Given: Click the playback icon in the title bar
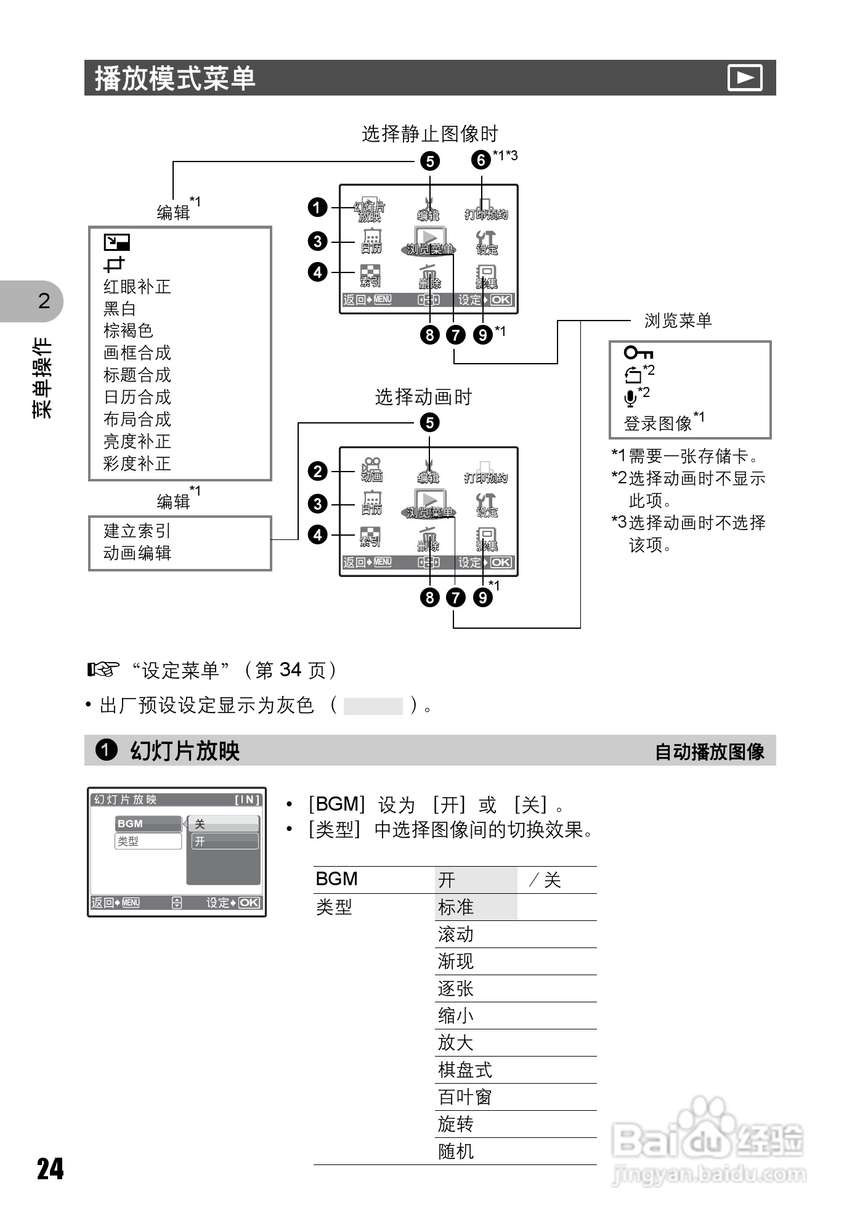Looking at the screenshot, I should (745, 78).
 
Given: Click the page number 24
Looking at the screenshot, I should (51, 1169).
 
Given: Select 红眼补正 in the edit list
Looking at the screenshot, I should (137, 287).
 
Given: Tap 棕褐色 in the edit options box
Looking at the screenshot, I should (128, 331).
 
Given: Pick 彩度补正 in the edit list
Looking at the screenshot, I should (137, 464).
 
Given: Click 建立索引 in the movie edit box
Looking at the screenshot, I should (137, 531).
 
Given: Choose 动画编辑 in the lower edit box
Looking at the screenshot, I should (137, 553).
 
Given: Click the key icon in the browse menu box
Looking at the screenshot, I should (638, 353).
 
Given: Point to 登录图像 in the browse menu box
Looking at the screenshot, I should (658, 423).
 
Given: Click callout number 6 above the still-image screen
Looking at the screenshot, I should (481, 160).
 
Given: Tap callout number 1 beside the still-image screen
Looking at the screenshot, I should (317, 207).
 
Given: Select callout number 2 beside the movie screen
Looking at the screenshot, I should (317, 472).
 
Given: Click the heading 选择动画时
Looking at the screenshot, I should (423, 397).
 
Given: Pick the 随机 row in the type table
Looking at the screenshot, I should (456, 1151).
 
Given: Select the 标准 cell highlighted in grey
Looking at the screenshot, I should (456, 907).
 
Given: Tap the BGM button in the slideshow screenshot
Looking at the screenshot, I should (148, 824).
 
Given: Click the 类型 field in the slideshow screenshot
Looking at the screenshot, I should (148, 841).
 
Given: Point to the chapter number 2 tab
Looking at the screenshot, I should (44, 301).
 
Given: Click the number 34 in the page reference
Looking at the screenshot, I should (290, 670).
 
